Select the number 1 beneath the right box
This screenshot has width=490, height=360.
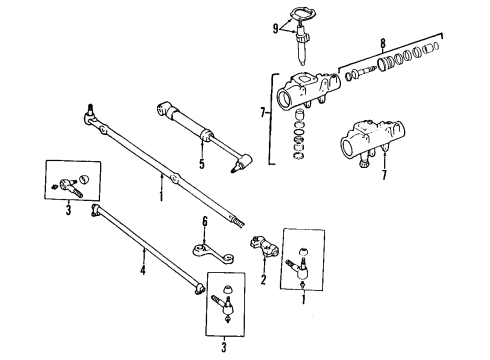(x=304, y=297)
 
